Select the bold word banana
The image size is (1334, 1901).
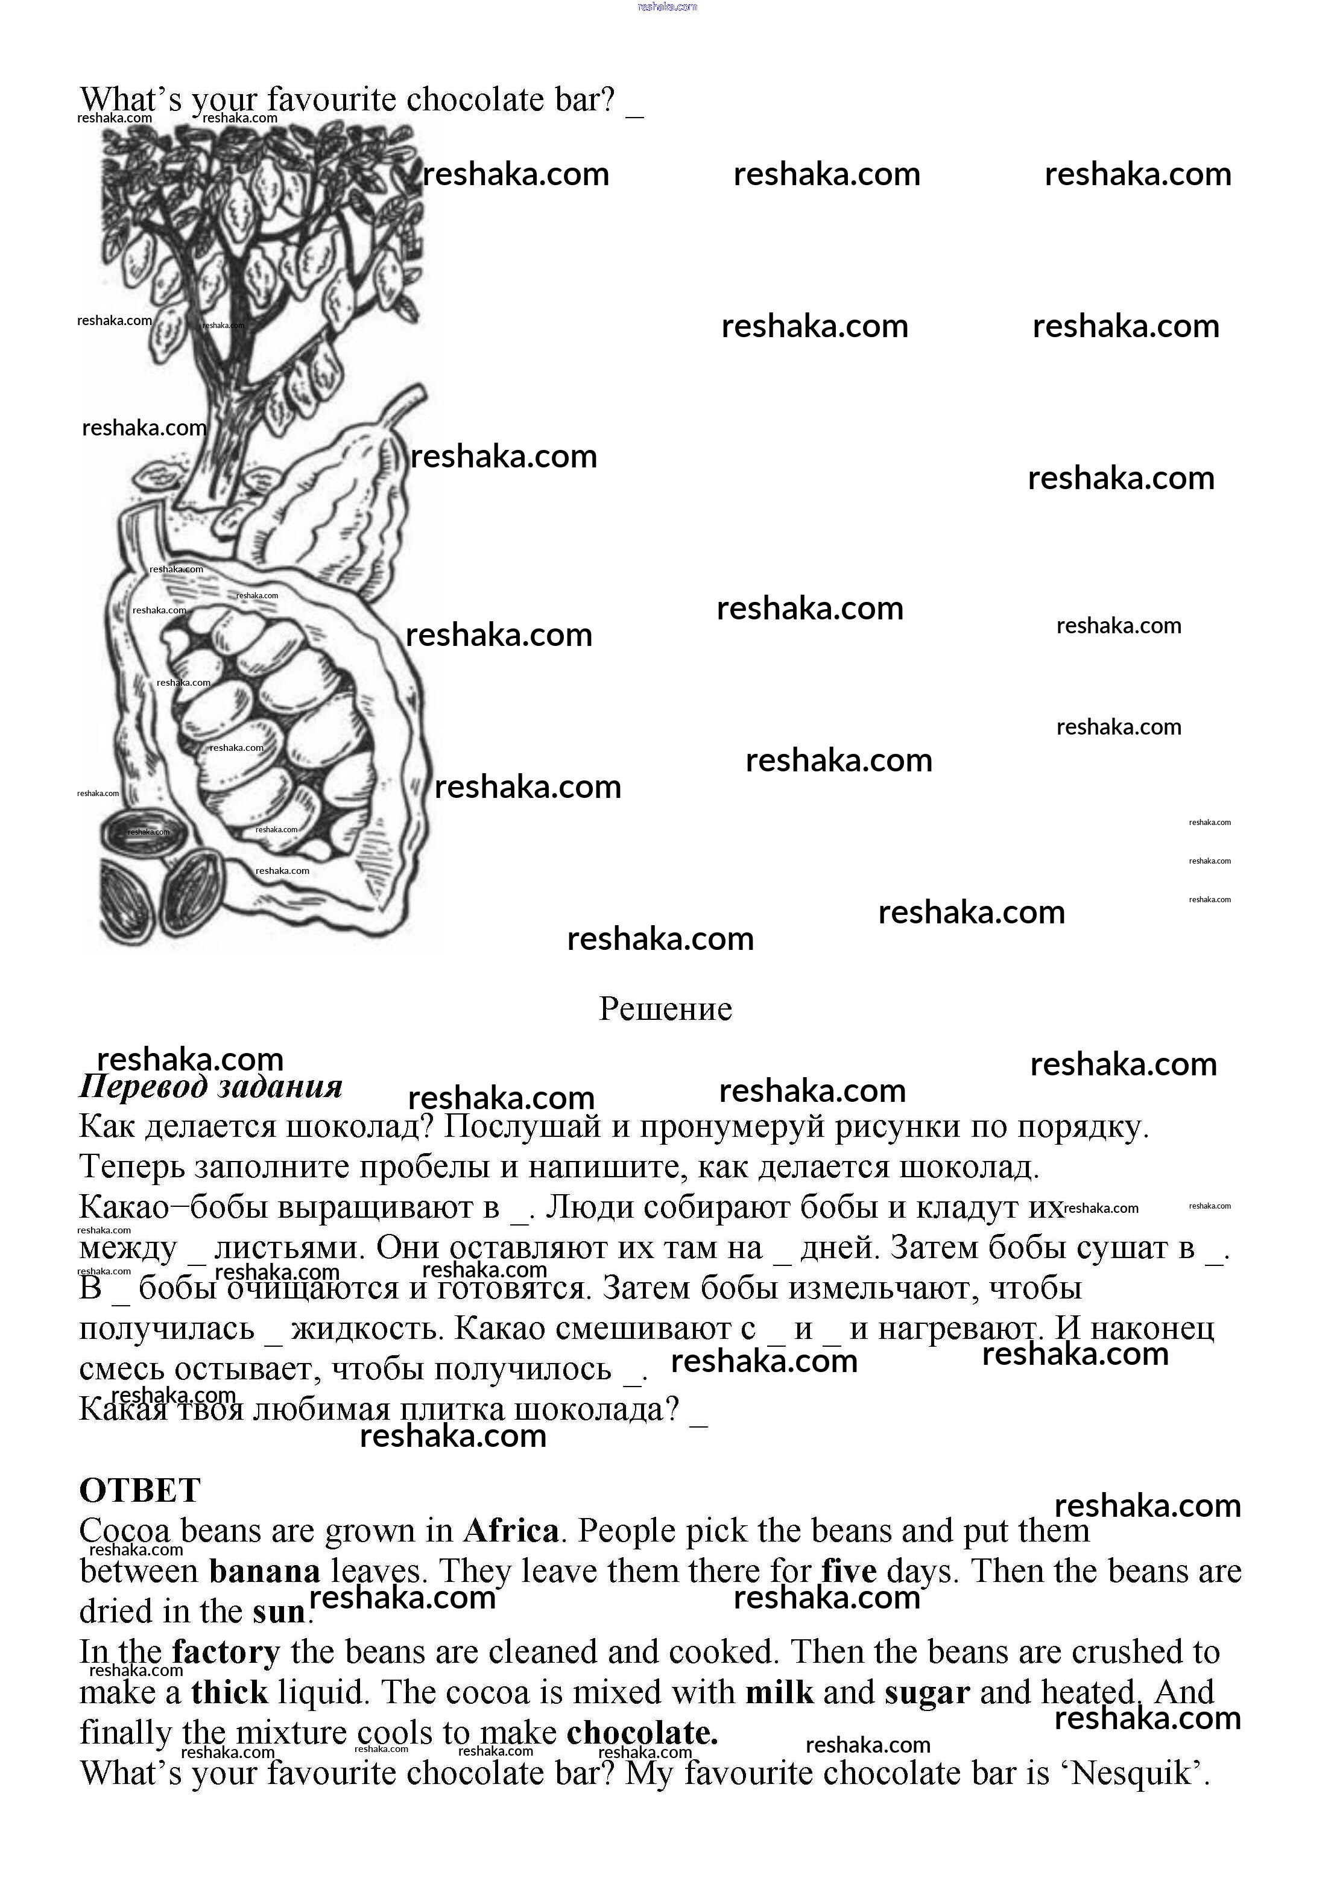pyautogui.click(x=264, y=1572)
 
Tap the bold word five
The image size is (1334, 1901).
pyautogui.click(x=849, y=1572)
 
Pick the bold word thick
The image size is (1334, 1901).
pyautogui.click(x=229, y=1693)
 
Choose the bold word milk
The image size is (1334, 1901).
pyautogui.click(x=779, y=1693)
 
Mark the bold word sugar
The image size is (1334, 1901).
pyautogui.click(x=926, y=1693)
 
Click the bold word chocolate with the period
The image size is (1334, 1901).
pyautogui.click(x=642, y=1733)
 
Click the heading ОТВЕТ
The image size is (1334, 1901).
pyautogui.click(x=140, y=1491)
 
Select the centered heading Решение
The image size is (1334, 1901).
pyautogui.click(x=666, y=1009)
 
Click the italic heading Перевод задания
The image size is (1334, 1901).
pyautogui.click(x=210, y=1086)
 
